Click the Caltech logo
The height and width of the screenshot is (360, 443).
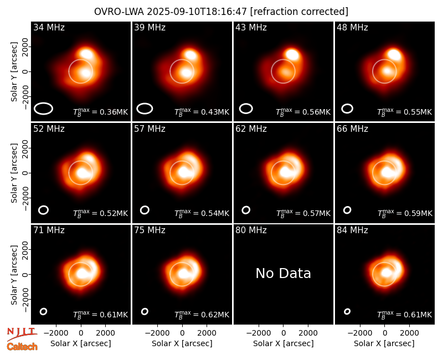pyautogui.click(x=22, y=347)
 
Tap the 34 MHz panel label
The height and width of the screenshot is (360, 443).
pyautogui.click(x=49, y=27)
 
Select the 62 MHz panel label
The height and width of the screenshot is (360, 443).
pyautogui.click(x=251, y=129)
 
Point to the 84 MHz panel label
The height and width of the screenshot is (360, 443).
pyautogui.click(x=352, y=230)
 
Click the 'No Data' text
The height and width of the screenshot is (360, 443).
pyautogui.click(x=283, y=273)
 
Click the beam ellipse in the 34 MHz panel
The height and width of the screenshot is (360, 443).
pyautogui.click(x=44, y=109)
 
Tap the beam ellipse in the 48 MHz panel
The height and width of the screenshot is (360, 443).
pyautogui.click(x=347, y=109)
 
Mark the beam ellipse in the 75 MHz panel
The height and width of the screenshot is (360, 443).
pyautogui.click(x=145, y=311)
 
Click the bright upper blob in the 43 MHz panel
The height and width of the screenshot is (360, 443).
pyautogui.click(x=292, y=54)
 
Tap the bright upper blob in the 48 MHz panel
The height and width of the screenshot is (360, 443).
pyautogui.click(x=394, y=54)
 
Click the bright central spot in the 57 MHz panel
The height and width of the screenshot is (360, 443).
pyautogui.click(x=184, y=172)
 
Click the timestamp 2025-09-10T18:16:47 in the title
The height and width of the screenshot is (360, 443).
pyautogui.click(x=197, y=12)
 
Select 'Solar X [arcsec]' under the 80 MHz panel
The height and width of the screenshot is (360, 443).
pyautogui.click(x=283, y=343)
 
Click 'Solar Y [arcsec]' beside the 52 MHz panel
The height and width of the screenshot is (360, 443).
pyautogui.click(x=14, y=173)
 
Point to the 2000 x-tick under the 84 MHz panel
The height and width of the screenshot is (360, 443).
pyautogui.click(x=409, y=333)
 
